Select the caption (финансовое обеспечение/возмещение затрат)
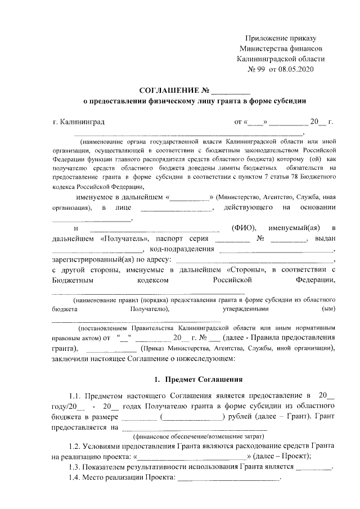[197, 436]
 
